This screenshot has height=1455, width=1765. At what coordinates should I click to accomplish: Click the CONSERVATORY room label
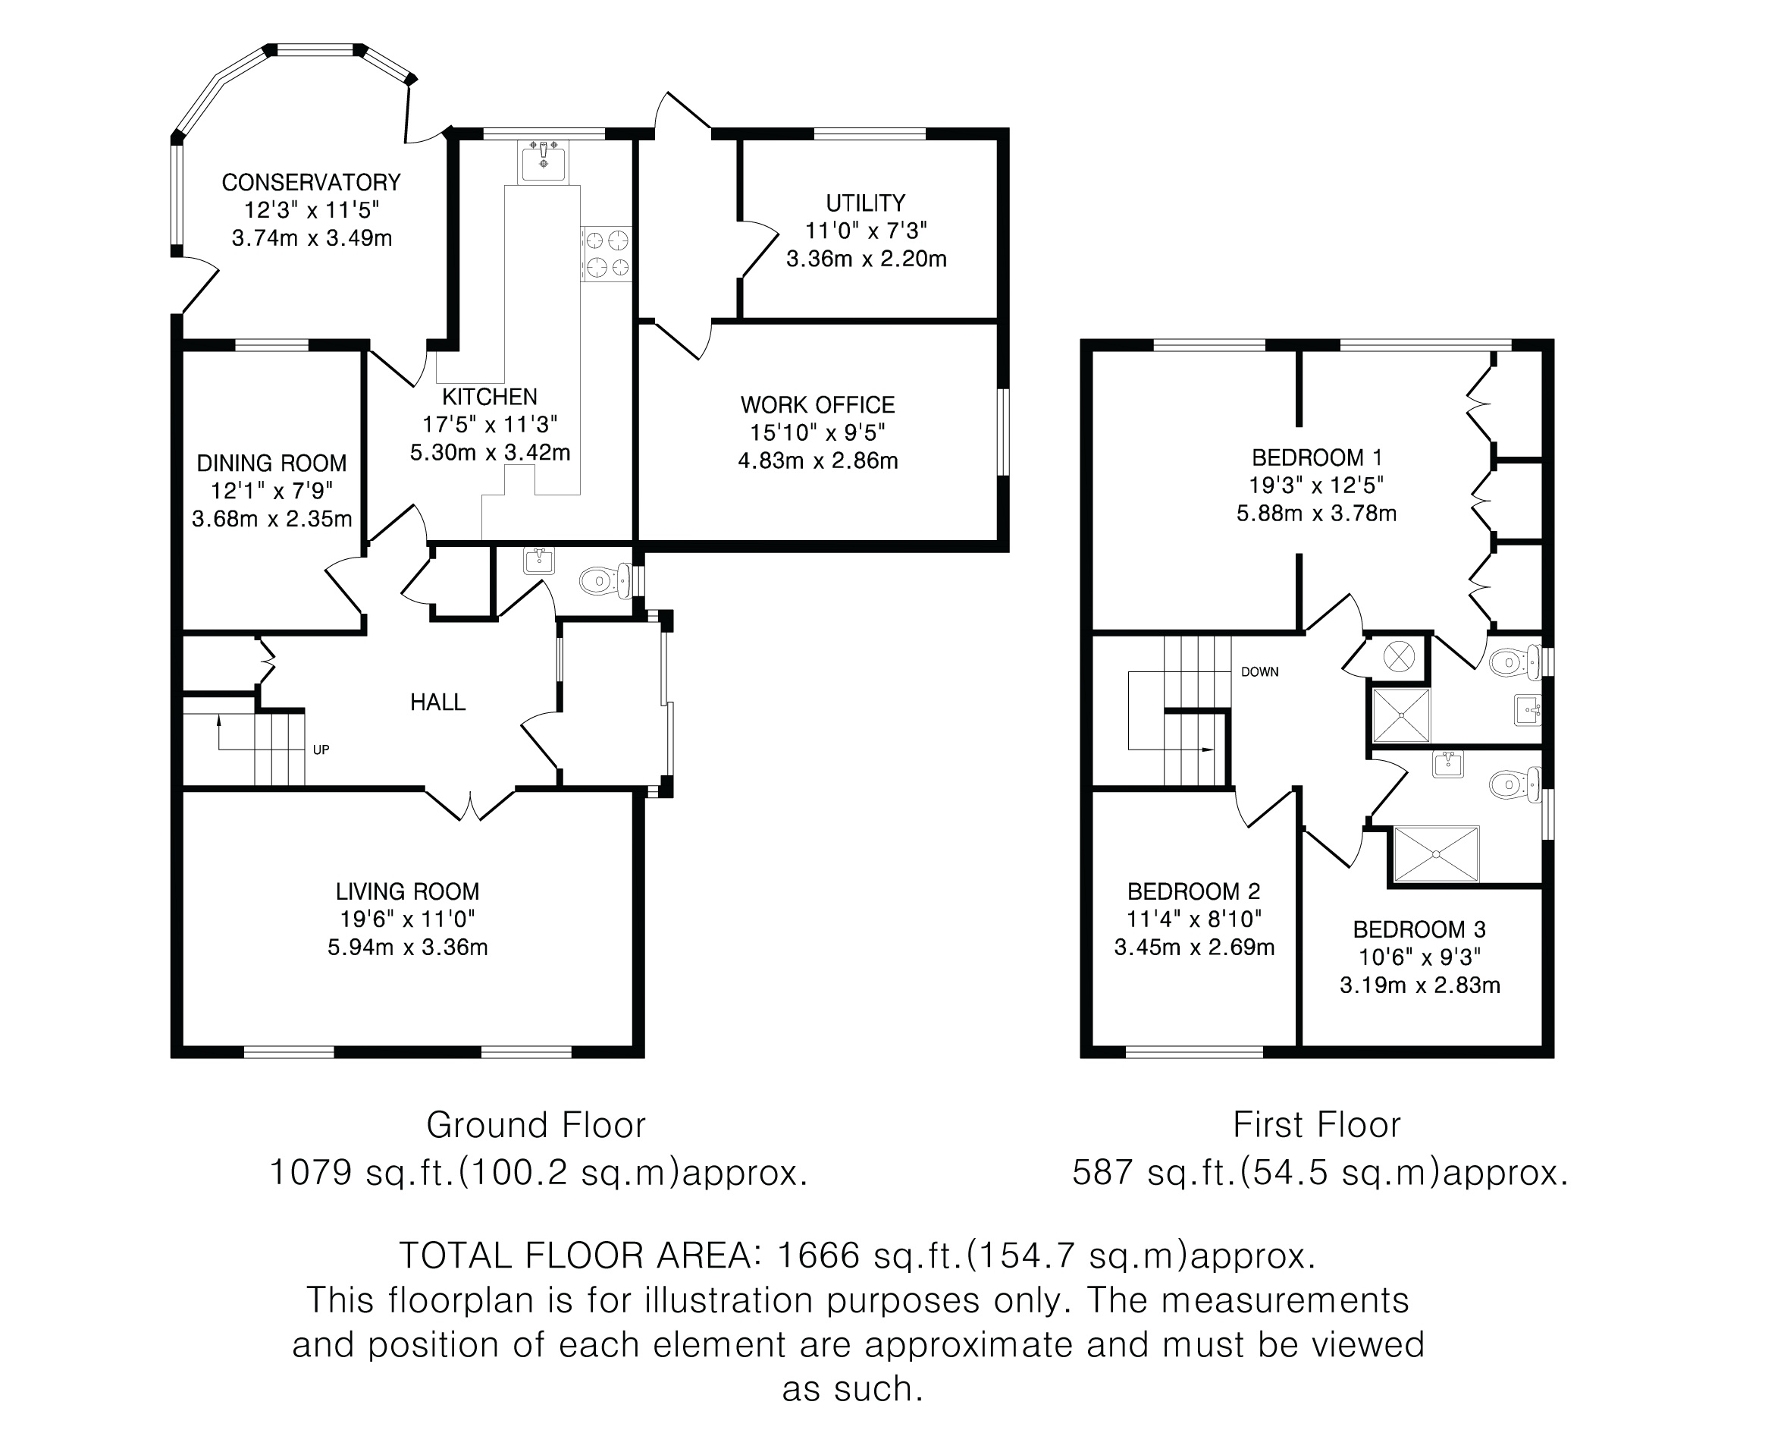(311, 183)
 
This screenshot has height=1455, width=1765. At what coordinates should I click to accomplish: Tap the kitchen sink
(543, 162)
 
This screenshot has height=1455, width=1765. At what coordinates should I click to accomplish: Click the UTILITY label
(865, 203)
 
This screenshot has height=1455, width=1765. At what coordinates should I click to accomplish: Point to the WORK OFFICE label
(817, 406)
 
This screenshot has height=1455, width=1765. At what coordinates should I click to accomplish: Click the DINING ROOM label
(271, 464)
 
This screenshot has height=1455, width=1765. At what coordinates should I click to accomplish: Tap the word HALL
(437, 702)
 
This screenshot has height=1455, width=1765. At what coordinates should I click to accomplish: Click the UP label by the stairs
(321, 750)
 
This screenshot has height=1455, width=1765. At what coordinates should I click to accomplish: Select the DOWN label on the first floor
(1259, 672)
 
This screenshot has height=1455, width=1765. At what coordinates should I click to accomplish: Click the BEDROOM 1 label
(1317, 457)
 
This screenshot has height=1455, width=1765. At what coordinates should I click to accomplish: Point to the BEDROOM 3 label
(1419, 929)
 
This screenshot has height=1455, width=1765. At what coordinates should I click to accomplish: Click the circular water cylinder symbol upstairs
(1398, 656)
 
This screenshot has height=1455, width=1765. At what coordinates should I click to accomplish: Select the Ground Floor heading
(536, 1125)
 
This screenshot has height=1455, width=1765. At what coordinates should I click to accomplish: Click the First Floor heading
(1316, 1125)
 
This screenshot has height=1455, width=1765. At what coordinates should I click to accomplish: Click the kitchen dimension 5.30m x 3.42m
(490, 454)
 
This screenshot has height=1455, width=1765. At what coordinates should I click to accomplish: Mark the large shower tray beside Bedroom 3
(1436, 854)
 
